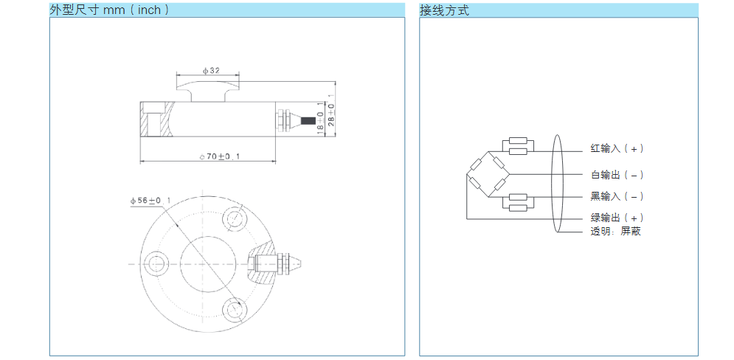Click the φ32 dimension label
click(x=211, y=71)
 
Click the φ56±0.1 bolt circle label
click(x=150, y=200)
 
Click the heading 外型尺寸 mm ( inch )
click(x=110, y=10)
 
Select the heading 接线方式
click(x=444, y=10)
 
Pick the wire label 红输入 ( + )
click(x=617, y=148)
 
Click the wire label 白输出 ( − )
click(x=617, y=175)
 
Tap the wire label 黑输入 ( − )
click(x=617, y=195)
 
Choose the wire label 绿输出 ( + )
click(x=617, y=218)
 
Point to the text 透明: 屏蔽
click(x=615, y=231)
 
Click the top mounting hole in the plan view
click(x=237, y=218)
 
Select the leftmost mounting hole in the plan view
click(x=156, y=263)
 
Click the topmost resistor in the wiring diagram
click(x=517, y=140)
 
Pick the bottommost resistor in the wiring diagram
click(x=517, y=208)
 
